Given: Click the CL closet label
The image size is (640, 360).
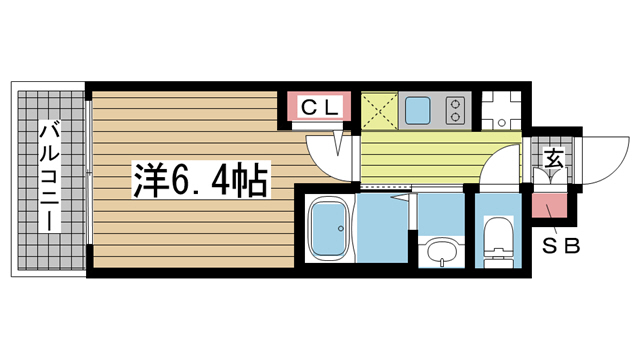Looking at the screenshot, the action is tap(320, 107).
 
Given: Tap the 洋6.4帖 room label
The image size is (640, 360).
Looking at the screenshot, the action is tap(201, 180).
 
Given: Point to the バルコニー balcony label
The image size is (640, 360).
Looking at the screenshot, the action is tap(50, 176).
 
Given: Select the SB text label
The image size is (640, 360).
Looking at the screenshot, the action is tap(560, 246).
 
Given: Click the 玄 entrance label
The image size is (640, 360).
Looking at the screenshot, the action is tap(554, 158).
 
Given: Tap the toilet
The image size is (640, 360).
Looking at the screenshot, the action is tap(498, 242).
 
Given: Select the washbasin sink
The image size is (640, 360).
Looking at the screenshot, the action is tap(441, 252).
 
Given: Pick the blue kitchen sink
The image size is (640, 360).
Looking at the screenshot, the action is tap(417, 110).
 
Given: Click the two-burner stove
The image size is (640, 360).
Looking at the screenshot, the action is tap(455, 110).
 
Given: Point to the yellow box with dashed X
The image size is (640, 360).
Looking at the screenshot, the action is tap(380, 111).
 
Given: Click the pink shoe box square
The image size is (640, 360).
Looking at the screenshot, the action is tap(549, 205).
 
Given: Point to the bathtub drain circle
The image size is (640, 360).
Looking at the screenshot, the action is tap(340, 229).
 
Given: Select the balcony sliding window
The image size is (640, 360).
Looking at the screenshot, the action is tap(89, 172).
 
